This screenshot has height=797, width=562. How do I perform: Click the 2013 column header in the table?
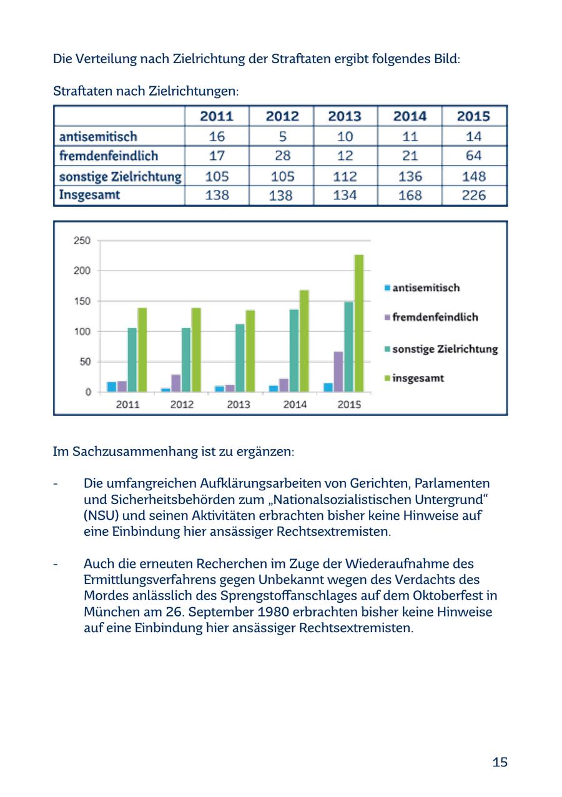(x=345, y=116)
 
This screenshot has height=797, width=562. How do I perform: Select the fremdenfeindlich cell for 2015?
(x=474, y=156)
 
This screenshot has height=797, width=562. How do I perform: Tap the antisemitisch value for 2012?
(x=280, y=136)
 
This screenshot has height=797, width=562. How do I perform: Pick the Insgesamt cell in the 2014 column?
(x=410, y=196)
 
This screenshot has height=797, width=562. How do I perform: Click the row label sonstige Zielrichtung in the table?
(x=120, y=176)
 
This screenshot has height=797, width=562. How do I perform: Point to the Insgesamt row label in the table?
(x=89, y=195)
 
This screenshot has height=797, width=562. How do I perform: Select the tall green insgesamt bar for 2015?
(x=359, y=323)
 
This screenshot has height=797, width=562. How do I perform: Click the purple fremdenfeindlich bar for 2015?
(x=338, y=372)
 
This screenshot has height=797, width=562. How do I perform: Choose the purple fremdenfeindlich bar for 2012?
(x=176, y=383)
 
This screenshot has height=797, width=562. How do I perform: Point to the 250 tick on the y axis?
(x=82, y=240)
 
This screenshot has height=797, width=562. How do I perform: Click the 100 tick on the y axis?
(x=82, y=331)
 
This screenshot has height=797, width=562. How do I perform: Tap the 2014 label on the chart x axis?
(x=295, y=404)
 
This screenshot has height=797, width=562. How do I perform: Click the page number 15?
(x=500, y=762)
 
